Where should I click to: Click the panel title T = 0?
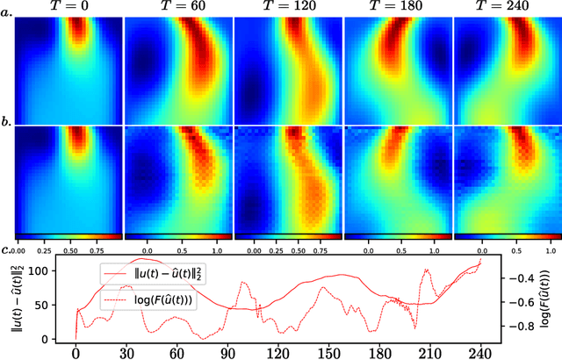click(68, 8)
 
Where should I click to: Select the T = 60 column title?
click(178, 8)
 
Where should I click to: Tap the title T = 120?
click(288, 8)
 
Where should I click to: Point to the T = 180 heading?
click(398, 8)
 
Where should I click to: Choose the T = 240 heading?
click(507, 8)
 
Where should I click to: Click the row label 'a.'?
click(7, 15)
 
